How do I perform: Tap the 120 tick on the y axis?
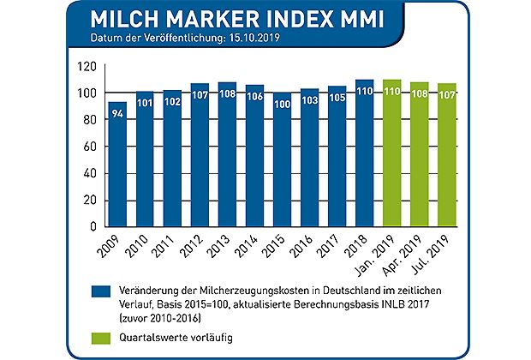(x=84, y=65)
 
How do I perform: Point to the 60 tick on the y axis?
(x=87, y=147)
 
